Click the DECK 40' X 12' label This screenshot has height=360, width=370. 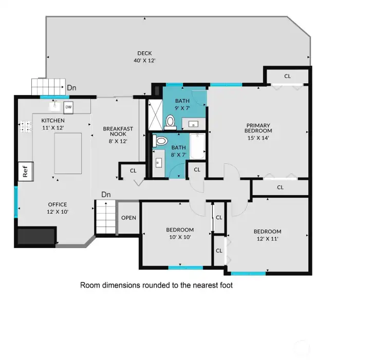point(144,56)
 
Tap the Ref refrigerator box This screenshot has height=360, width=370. point(24,171)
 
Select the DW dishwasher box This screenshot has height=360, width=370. point(68,107)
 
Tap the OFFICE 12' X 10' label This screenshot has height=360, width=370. point(58,207)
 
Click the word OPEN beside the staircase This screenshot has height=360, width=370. point(128,218)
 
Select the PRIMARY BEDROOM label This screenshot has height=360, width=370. point(258,131)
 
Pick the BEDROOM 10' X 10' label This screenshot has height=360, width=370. point(180,233)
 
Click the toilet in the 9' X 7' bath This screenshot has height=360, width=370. point(170,122)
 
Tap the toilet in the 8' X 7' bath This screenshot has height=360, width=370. point(161,141)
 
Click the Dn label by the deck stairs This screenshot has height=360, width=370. point(72,88)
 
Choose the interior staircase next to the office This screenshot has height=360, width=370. point(105,217)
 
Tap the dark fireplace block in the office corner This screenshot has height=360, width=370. point(36,236)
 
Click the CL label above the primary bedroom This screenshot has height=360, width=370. point(287,76)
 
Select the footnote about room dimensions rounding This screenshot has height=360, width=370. point(156,285)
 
